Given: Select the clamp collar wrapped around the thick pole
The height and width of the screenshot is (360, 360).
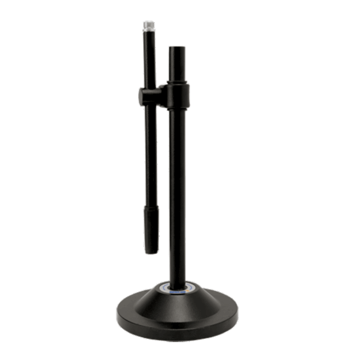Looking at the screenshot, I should pyautogui.click(x=178, y=95).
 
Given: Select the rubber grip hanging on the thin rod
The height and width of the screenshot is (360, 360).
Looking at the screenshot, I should pyautogui.click(x=151, y=228).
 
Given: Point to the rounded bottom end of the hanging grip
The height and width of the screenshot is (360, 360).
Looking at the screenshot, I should pyautogui.click(x=151, y=251).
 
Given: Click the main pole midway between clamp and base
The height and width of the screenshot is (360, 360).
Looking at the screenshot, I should pyautogui.click(x=177, y=192).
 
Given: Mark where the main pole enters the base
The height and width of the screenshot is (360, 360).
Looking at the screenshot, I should pyautogui.click(x=177, y=284).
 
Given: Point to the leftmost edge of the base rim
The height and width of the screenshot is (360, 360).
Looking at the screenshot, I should pyautogui.click(x=117, y=314).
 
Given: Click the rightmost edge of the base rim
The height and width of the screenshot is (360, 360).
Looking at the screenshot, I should pyautogui.click(x=238, y=314).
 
